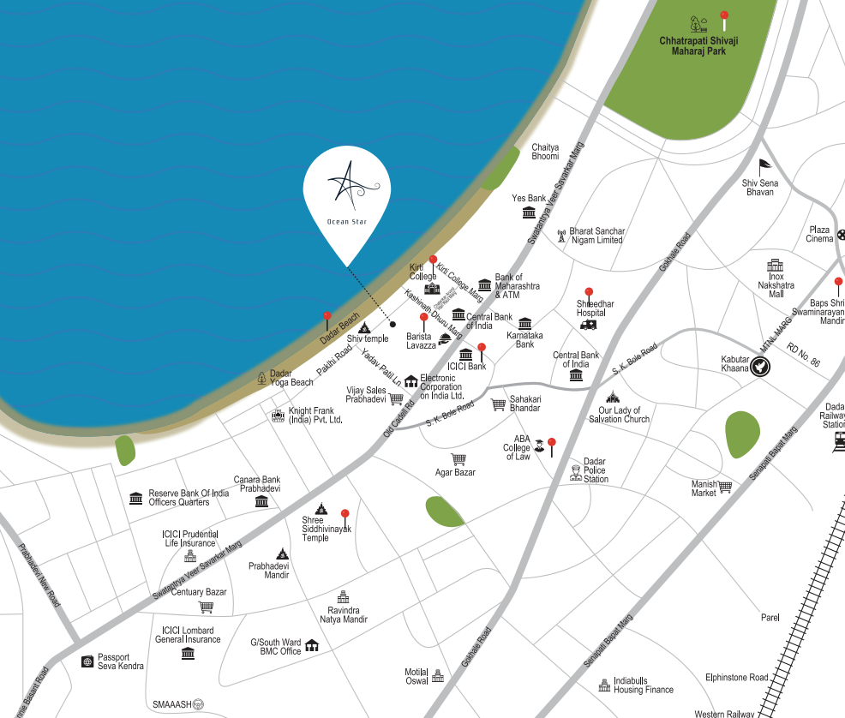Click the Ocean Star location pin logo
point(347,194)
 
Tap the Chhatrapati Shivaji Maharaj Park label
point(699,45)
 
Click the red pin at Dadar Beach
point(327,317)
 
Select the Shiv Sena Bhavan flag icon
point(764,166)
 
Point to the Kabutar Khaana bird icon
point(758,367)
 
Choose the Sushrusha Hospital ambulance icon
point(588,325)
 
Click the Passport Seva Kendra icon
point(87,661)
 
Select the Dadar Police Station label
point(596,470)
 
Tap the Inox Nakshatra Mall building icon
point(775,265)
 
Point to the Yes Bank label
point(529,198)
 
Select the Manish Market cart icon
point(726,488)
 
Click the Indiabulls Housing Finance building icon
point(605,685)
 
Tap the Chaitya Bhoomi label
point(545,152)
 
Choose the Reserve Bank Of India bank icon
point(135,498)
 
